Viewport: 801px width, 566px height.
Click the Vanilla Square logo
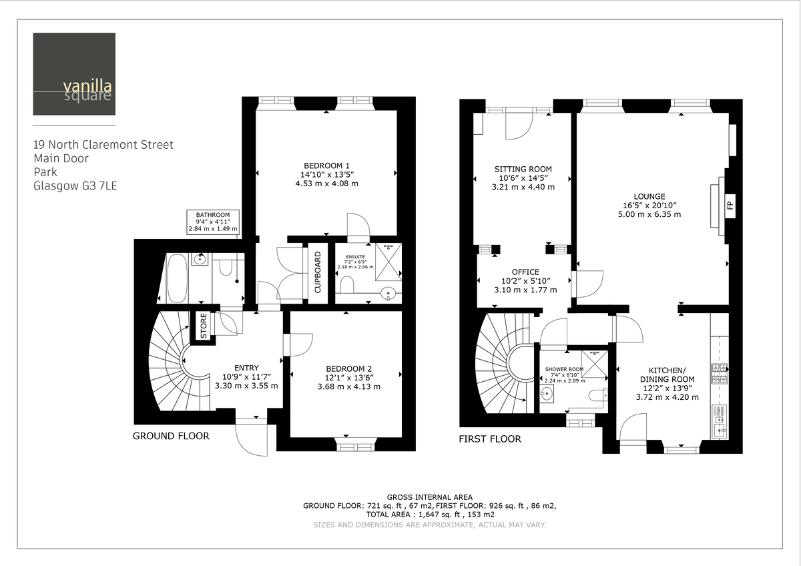(x=73, y=74)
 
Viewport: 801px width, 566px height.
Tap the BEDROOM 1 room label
(x=327, y=166)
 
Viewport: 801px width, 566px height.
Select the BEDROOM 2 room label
(x=349, y=369)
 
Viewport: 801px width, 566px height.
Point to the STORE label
(x=204, y=325)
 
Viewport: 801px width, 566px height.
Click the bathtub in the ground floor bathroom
(x=177, y=279)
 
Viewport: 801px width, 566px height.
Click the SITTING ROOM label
(x=523, y=170)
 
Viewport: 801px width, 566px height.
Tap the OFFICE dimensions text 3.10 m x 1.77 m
(x=525, y=290)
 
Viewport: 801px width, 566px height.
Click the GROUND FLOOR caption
(x=171, y=436)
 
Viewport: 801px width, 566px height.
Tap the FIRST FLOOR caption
(x=489, y=439)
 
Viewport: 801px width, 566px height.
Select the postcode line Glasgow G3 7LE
(x=75, y=186)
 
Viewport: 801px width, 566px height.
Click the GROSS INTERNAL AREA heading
(x=429, y=497)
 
